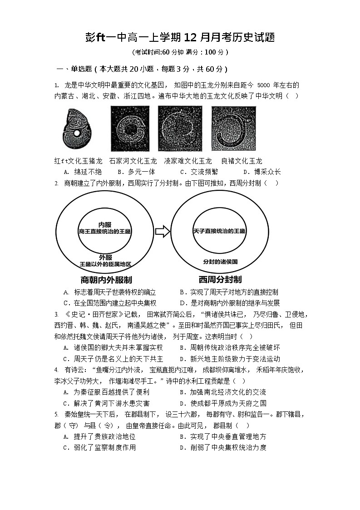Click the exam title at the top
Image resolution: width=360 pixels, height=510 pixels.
tap(180, 37)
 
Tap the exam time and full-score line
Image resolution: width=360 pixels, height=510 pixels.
tap(180, 52)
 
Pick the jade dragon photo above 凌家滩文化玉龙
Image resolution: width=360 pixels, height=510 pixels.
tap(180, 129)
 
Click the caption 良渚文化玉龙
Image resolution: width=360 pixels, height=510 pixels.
tap(242, 161)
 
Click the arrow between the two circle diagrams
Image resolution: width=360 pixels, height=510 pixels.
tap(162, 232)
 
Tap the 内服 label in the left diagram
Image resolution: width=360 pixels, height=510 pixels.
tap(105, 225)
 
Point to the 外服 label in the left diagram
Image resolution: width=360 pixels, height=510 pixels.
tap(105, 257)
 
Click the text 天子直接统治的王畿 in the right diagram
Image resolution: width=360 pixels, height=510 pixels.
tap(219, 231)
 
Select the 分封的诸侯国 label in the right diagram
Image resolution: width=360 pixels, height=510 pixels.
tap(221, 262)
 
